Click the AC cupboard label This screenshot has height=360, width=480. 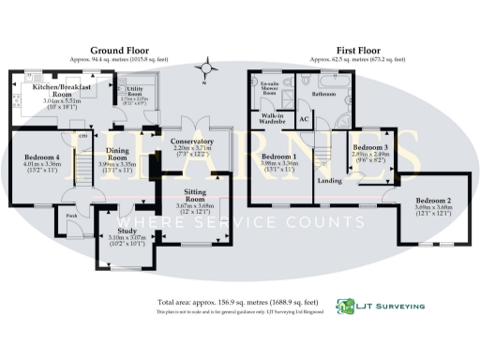[304, 120]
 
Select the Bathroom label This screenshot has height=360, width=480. [323, 94]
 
